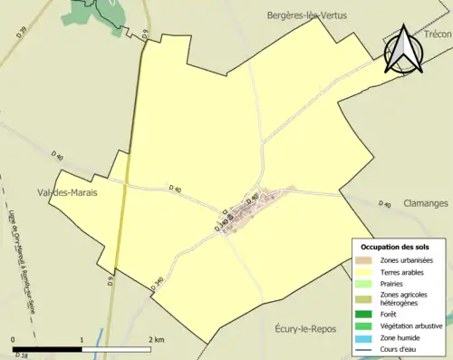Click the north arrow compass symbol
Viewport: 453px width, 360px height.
(402, 51)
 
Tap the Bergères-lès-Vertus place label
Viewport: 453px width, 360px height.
(306, 15)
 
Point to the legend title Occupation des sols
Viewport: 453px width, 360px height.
(396, 247)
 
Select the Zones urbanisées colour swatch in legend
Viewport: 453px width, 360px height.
(364, 260)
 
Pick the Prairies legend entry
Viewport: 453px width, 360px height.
(392, 283)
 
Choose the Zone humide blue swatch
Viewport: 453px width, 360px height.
(364, 337)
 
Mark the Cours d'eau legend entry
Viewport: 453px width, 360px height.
(400, 349)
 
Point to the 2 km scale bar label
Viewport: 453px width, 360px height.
(157, 339)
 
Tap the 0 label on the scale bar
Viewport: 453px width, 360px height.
(14, 339)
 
